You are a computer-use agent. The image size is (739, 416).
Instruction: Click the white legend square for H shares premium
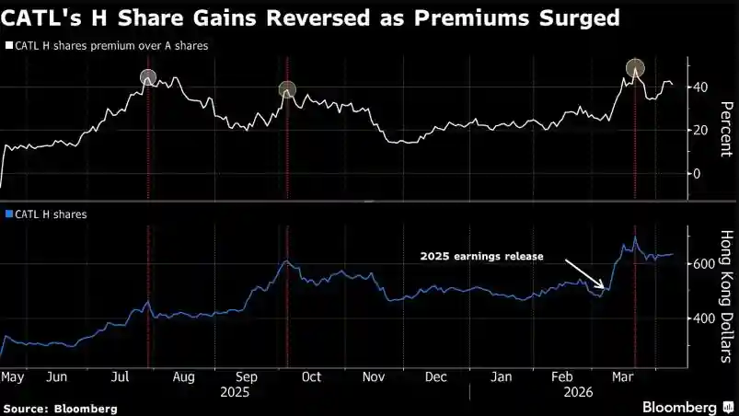pyautogui.click(x=8, y=44)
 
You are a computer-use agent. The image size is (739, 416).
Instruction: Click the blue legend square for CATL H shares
pyautogui.click(x=8, y=214)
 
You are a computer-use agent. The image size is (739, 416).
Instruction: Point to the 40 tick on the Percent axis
pyautogui.click(x=703, y=87)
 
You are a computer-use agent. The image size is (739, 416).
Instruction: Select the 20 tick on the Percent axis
pyautogui.click(x=703, y=130)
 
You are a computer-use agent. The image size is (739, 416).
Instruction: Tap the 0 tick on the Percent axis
pyautogui.click(x=699, y=173)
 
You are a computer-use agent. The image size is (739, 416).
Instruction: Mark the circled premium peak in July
pyautogui.click(x=148, y=77)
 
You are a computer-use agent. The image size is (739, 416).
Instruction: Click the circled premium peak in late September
pyautogui.click(x=287, y=89)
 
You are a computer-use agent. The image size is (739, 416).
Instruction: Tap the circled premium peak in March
pyautogui.click(x=635, y=67)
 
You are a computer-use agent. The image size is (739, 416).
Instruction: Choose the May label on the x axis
pyautogui.click(x=12, y=377)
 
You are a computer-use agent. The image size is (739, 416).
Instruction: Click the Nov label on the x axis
pyautogui.click(x=374, y=377)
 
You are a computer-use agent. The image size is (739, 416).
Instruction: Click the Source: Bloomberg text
pyautogui.click(x=61, y=407)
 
